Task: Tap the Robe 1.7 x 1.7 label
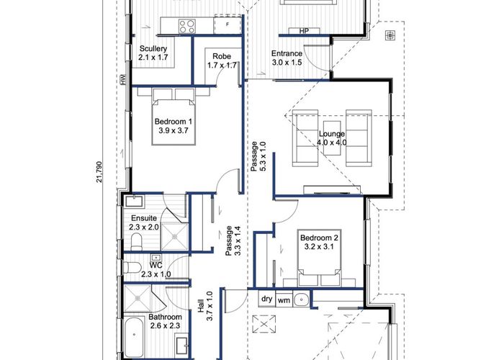(x=222, y=60)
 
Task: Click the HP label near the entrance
(x=304, y=31)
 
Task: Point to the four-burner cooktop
(x=187, y=27)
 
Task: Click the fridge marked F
(x=228, y=24)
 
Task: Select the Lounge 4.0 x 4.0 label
(x=332, y=138)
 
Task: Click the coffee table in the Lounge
(x=332, y=138)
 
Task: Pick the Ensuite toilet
(x=137, y=242)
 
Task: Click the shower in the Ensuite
(x=174, y=237)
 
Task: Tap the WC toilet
(x=132, y=267)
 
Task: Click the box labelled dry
(x=267, y=299)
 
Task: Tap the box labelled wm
(x=284, y=300)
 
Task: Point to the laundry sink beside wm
(x=301, y=300)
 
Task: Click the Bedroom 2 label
(x=319, y=243)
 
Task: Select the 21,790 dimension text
(x=99, y=171)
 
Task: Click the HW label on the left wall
(x=123, y=80)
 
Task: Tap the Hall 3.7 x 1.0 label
(x=205, y=305)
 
